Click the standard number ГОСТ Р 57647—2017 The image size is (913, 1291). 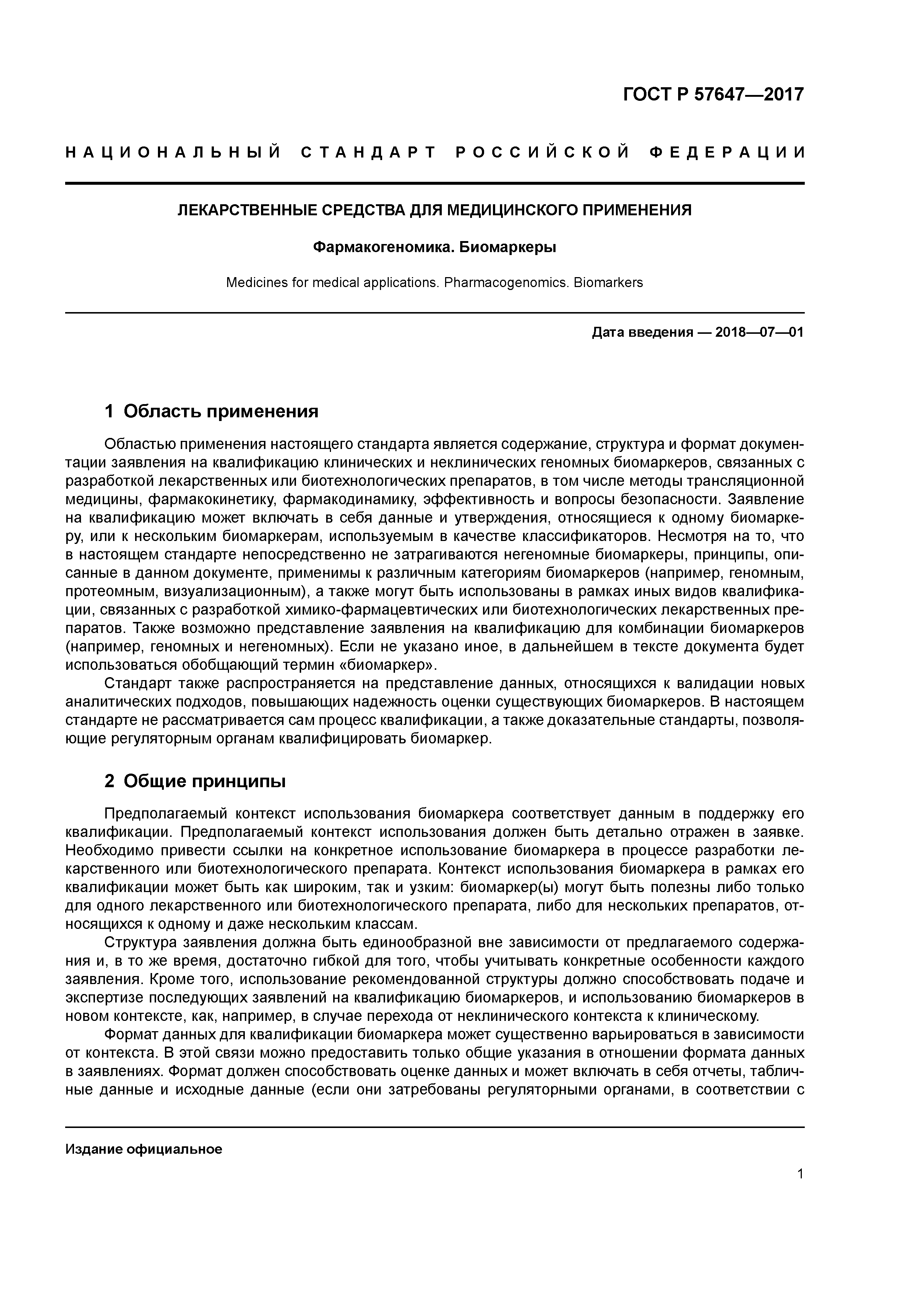click(x=713, y=95)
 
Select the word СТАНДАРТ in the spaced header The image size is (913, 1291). click(x=369, y=152)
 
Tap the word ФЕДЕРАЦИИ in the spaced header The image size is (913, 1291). click(x=727, y=152)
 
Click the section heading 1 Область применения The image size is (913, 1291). click(x=212, y=411)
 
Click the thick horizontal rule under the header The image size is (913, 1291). click(x=434, y=183)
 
